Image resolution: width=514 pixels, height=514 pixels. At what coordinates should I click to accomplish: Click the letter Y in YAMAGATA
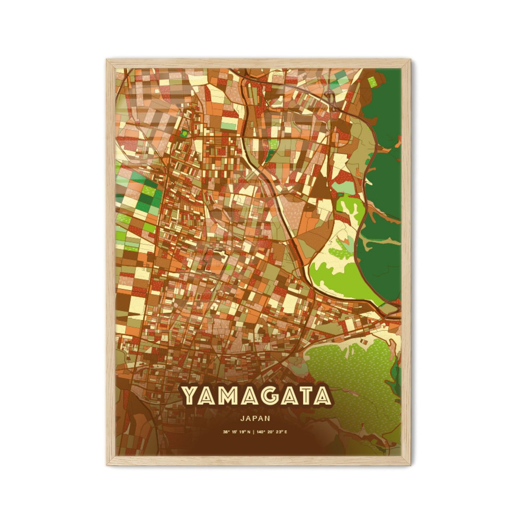191,396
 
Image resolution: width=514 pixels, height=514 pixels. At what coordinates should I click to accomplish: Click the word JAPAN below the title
255,419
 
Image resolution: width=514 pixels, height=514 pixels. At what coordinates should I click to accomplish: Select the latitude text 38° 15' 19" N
237,432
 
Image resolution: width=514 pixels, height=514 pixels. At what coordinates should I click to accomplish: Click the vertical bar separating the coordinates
255,432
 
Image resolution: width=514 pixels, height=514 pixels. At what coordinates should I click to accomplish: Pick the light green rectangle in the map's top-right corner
372,82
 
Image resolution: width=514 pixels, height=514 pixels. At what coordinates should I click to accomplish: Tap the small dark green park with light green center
184,133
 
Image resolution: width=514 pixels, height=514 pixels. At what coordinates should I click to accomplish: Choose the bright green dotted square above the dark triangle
274,144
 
